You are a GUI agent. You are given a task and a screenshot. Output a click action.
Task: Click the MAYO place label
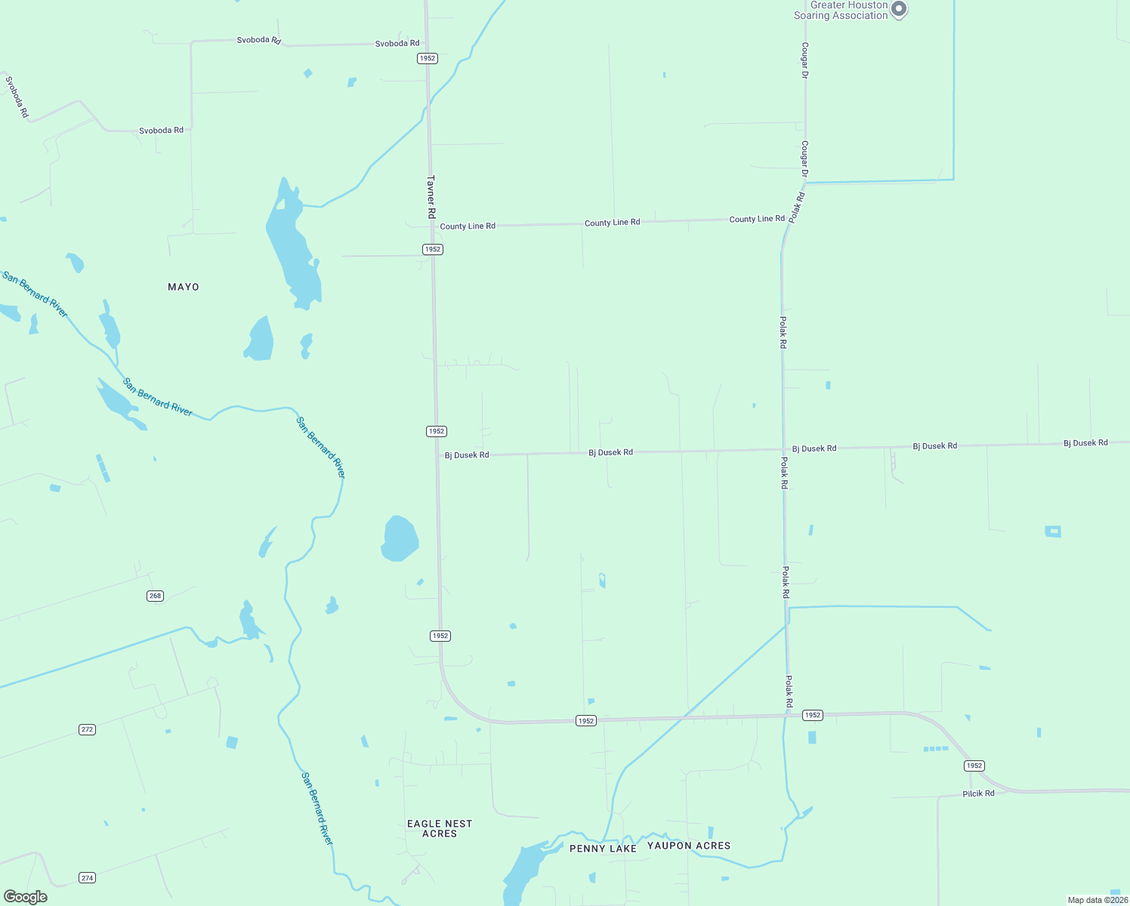184,287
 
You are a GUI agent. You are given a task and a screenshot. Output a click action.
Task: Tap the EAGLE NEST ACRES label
440,828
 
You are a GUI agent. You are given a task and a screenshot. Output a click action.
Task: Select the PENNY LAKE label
603,849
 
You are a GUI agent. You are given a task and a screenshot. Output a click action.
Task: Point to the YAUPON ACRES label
689,846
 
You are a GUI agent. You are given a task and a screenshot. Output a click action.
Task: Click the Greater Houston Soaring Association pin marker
899,9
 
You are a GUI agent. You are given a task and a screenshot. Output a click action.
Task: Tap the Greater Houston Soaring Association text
840,11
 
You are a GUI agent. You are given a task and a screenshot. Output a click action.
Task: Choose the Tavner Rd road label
431,197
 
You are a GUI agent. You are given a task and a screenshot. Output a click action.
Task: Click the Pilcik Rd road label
978,794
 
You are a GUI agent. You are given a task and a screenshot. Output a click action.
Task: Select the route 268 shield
155,596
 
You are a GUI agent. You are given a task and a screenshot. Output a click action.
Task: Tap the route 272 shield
88,729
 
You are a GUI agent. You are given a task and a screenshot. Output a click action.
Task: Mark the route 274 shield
88,877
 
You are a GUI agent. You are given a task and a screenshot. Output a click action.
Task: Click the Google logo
26,897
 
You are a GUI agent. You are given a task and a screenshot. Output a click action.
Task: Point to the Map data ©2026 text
1097,900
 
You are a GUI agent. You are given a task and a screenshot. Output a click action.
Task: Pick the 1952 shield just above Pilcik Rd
974,766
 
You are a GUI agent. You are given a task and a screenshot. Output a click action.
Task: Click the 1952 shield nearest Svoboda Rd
428,58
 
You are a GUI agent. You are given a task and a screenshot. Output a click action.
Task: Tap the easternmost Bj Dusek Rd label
1085,442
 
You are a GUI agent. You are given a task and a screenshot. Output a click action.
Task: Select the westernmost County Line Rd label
468,226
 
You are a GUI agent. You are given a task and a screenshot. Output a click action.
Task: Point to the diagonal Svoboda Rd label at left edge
17,97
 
